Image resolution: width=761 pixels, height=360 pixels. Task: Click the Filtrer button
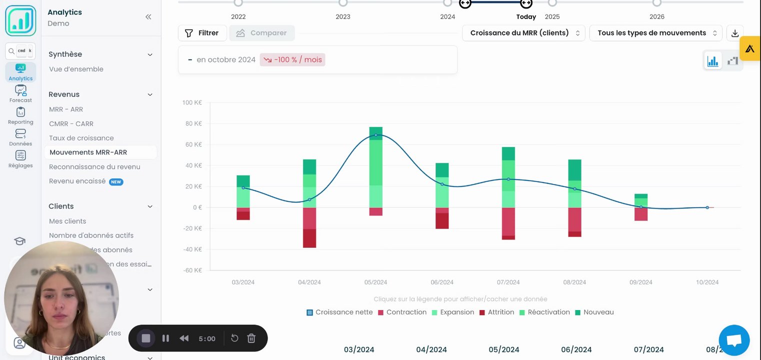202,33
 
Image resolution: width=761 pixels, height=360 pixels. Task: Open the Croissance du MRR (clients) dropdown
523,33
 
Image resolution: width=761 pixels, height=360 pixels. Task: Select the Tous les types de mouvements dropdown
655,33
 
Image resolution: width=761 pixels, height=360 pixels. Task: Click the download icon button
734,33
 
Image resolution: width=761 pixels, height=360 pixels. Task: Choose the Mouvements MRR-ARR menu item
88,152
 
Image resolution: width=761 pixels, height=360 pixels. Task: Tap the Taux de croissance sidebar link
81,138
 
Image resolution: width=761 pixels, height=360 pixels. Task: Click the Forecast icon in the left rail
20,93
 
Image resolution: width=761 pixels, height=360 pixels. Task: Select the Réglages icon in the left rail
20,159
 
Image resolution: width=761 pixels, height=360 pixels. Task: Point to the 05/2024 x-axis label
375,282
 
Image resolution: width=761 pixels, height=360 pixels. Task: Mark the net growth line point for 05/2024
375,135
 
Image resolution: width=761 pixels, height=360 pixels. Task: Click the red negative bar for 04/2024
309,227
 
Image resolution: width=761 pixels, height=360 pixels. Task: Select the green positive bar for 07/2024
508,177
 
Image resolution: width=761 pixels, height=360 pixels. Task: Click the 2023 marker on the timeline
343,3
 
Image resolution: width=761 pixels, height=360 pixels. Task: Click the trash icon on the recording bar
251,338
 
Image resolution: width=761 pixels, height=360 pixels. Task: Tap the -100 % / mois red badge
292,60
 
